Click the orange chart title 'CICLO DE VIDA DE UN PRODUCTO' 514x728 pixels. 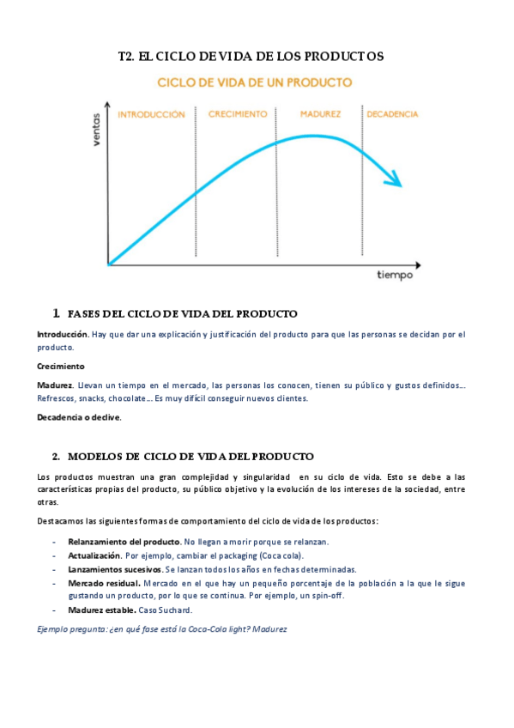(x=253, y=82)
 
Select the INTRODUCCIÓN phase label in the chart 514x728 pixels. (x=151, y=114)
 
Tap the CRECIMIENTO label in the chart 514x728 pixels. (x=238, y=114)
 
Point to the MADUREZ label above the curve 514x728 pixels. (x=321, y=114)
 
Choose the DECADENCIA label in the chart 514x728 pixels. (x=392, y=114)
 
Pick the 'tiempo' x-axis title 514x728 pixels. (x=395, y=276)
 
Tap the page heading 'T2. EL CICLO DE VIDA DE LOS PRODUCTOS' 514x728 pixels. (x=251, y=57)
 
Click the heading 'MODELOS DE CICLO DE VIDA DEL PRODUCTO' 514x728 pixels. (x=190, y=456)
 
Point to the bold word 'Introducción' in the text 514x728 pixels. (x=62, y=333)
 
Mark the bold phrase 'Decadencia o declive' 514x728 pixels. (x=79, y=417)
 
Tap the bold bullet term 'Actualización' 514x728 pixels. (x=94, y=555)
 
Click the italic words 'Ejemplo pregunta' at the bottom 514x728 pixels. (x=71, y=629)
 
